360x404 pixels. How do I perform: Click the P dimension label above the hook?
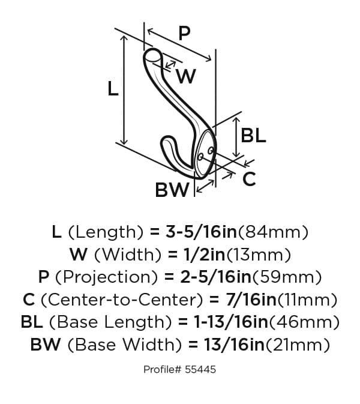coord(184,34)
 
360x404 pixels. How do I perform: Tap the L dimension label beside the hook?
coord(113,89)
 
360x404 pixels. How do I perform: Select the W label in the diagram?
coord(186,76)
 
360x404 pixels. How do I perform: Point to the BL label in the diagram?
coord(253,136)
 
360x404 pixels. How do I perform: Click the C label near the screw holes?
coord(249,179)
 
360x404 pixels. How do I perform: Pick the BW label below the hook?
coord(172,190)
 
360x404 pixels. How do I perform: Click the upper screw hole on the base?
coord(211,150)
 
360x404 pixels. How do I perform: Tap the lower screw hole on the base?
coord(200,157)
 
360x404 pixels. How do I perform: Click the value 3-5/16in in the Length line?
coord(201,232)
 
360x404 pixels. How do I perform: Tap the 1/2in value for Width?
coord(205,255)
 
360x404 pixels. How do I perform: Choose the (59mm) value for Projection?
coord(287,277)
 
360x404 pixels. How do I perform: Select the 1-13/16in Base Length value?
coord(231,322)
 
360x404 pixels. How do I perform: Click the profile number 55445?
coord(200,369)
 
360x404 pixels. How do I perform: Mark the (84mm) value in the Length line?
coord(273,232)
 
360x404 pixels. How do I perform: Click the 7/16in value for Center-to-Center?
coord(251,300)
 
